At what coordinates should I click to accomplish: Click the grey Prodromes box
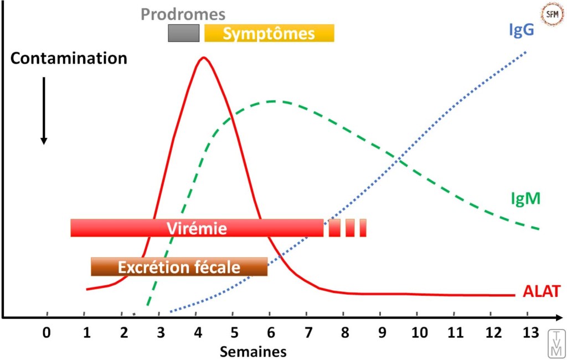(184, 33)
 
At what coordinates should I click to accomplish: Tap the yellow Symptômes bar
(269, 33)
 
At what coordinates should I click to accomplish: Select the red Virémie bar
(197, 228)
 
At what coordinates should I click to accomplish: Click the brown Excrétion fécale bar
(179, 267)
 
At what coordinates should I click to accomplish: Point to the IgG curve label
(520, 29)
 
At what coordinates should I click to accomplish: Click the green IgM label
(525, 198)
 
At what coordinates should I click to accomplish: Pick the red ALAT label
(542, 292)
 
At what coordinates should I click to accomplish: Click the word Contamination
(69, 59)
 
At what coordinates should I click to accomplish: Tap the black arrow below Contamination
(44, 111)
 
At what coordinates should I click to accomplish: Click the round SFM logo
(551, 15)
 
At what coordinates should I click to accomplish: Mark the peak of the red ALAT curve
(204, 57)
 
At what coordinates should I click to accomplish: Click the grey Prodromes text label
(183, 14)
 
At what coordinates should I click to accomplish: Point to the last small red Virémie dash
(363, 228)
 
